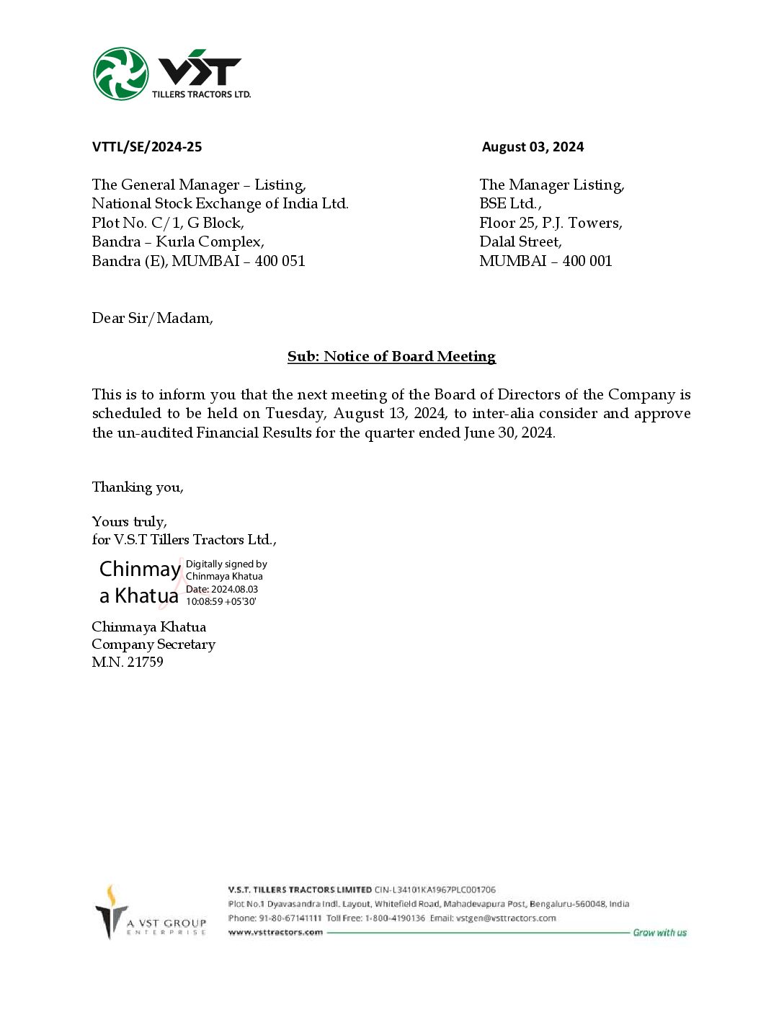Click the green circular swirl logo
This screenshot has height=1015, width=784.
[x=121, y=74]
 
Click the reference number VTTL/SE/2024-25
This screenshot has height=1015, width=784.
[x=147, y=147]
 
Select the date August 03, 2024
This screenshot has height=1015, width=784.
[x=533, y=147]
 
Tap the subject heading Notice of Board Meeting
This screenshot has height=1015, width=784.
[x=391, y=356]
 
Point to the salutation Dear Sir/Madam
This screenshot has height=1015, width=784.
[x=152, y=318]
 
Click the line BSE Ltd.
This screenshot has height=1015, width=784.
[x=509, y=203]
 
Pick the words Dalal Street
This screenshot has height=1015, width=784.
[x=520, y=241]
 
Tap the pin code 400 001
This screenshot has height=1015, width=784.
[x=587, y=261]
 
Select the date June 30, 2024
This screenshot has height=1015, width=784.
[x=509, y=433]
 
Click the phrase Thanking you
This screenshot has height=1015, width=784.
[x=138, y=487]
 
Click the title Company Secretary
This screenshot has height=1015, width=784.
[x=153, y=644]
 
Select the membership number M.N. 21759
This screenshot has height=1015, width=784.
[x=128, y=662]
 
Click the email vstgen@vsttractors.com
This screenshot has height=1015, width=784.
[x=506, y=918]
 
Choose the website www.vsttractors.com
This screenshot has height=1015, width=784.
[x=275, y=932]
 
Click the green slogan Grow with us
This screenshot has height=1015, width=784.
[x=659, y=932]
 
